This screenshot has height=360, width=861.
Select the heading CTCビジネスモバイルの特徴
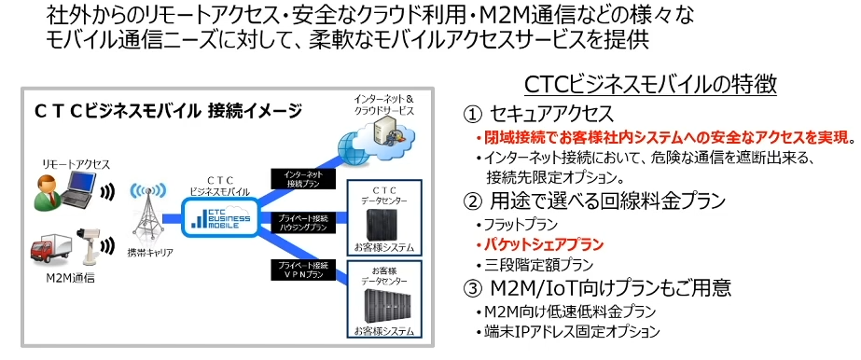point(650,86)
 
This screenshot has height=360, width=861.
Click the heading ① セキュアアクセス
point(538,115)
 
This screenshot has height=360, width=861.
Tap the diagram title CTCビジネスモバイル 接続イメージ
point(168,111)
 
